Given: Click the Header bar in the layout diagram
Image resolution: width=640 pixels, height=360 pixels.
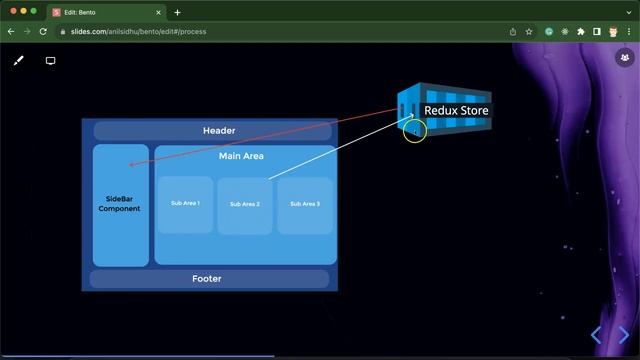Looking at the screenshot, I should click(x=219, y=131).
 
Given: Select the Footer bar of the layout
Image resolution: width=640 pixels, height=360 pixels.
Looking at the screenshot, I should click(x=207, y=279).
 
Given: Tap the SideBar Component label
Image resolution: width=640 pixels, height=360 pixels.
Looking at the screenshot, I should click(x=119, y=204).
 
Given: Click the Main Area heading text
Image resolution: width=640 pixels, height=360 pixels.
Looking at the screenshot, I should click(x=241, y=156).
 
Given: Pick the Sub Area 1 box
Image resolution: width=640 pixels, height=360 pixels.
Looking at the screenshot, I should click(x=185, y=204).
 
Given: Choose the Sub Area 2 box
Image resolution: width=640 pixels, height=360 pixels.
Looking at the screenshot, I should click(x=245, y=204).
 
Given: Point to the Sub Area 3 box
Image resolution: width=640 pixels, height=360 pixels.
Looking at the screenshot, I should click(x=305, y=204).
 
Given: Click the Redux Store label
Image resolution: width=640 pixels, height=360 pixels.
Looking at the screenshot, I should click(x=457, y=111).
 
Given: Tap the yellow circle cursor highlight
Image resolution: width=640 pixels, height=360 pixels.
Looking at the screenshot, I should click(x=415, y=130).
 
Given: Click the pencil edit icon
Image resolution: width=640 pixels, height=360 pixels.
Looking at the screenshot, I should click(x=18, y=61).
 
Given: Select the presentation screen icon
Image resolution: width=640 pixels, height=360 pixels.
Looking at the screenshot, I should click(x=50, y=61).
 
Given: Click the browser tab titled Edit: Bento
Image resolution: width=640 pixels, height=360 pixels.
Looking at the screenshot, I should click(x=100, y=12).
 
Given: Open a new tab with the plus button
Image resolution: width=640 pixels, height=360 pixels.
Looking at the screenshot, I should click(x=178, y=12).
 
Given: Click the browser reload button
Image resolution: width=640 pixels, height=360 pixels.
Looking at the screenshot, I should click(x=43, y=31).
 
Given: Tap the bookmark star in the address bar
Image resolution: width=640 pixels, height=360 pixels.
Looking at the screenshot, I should click(x=529, y=31).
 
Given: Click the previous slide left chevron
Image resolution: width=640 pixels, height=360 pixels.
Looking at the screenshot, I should click(x=596, y=335).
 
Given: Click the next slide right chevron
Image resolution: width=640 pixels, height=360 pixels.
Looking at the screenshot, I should click(x=624, y=335).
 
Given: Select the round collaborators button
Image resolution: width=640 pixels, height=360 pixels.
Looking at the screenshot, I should click(x=625, y=58).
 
